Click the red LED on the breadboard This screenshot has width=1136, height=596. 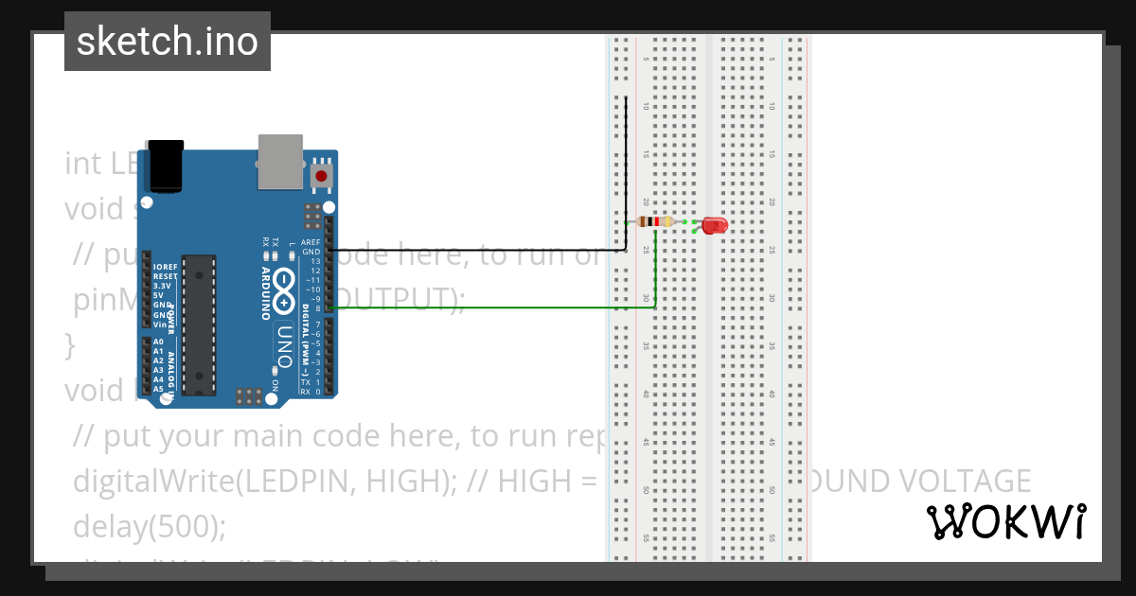(x=713, y=225)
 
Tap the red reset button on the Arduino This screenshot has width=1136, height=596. (x=322, y=175)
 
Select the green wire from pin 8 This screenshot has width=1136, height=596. (x=492, y=307)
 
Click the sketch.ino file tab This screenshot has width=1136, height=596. (x=168, y=42)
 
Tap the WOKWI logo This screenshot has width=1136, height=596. (x=1005, y=521)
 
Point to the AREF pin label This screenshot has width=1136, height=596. (x=311, y=243)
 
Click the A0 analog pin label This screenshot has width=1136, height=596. (x=158, y=342)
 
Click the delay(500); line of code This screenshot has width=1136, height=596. (x=150, y=525)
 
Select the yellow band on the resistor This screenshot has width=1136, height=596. (x=668, y=221)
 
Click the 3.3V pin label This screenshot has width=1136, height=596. (x=162, y=285)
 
